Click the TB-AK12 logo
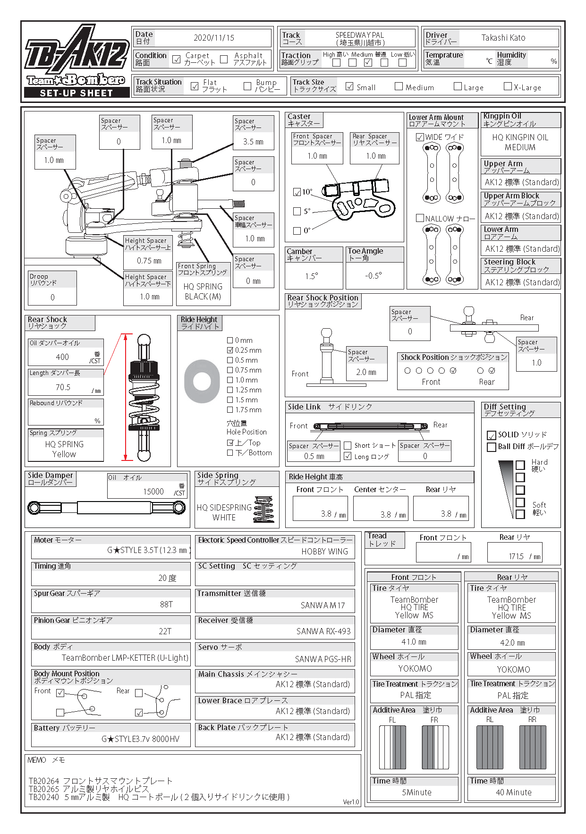[76, 53]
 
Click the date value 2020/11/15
[213, 38]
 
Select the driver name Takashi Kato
[503, 38]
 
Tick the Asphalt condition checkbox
[224, 59]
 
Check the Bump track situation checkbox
[247, 86]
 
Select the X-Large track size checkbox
[508, 86]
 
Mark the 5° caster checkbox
[297, 211]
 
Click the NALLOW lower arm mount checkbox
[420, 218]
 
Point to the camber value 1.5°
[312, 276]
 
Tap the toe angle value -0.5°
[374, 276]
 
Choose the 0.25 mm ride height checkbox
[230, 350]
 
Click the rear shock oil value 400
[62, 357]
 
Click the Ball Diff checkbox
[491, 447]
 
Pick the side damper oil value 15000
[153, 492]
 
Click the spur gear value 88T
[166, 604]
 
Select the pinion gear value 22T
[165, 631]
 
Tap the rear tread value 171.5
[516, 556]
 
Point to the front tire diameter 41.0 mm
[414, 642]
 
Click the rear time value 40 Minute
[513, 792]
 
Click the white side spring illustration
[263, 509]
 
